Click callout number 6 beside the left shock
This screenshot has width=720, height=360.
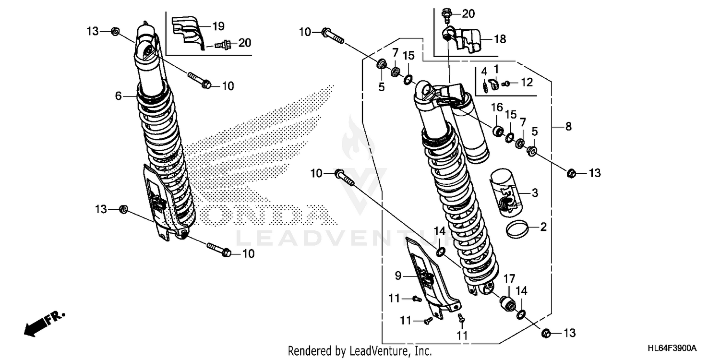coord(118,96)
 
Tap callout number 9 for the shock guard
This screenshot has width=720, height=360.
coord(398,276)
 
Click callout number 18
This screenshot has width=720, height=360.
coord(500,39)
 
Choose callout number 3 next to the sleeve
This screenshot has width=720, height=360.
coord(534,193)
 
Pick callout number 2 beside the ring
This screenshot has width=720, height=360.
coord(543,227)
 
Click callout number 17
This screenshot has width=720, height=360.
coord(509,278)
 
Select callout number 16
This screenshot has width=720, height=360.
coord(496,106)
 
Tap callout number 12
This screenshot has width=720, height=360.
coord(527,83)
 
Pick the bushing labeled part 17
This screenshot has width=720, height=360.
coord(507,304)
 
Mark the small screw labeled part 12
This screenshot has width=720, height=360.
coord(505,84)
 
